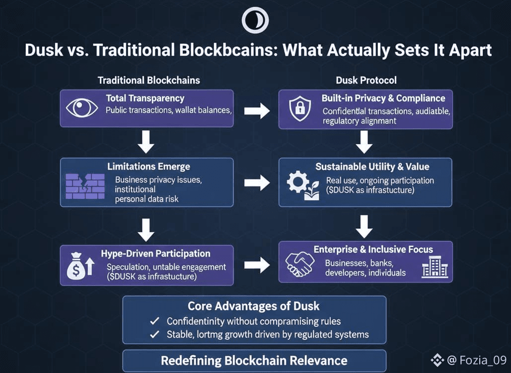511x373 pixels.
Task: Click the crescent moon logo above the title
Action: [255, 21]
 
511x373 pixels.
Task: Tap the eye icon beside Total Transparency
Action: [82, 108]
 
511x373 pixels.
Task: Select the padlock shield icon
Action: [300, 108]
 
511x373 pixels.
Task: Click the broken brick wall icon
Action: [85, 186]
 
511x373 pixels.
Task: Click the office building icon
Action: [435, 267]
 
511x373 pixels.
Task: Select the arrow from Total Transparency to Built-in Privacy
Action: [257, 110]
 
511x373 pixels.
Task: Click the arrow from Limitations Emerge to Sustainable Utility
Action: [257, 183]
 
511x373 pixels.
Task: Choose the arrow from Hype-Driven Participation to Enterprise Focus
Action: [257, 265]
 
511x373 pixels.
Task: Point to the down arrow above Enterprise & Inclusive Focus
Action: [365, 226]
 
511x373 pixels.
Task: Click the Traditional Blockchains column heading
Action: [149, 80]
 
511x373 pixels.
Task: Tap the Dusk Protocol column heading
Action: [366, 80]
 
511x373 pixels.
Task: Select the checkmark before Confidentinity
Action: [154, 321]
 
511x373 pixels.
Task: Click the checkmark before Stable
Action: [154, 334]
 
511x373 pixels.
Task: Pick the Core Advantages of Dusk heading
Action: [253, 306]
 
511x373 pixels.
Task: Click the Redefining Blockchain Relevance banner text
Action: [254, 360]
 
